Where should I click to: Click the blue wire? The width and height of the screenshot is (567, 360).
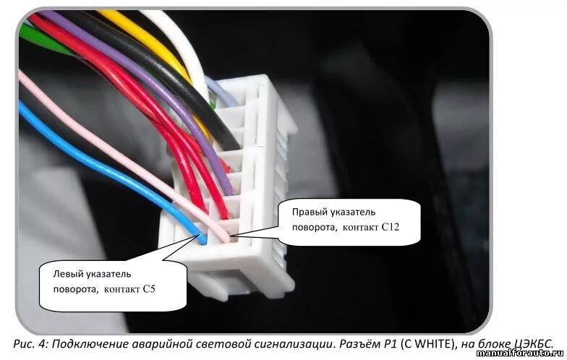tap(108, 166)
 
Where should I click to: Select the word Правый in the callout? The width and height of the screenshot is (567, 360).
tap(308, 212)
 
